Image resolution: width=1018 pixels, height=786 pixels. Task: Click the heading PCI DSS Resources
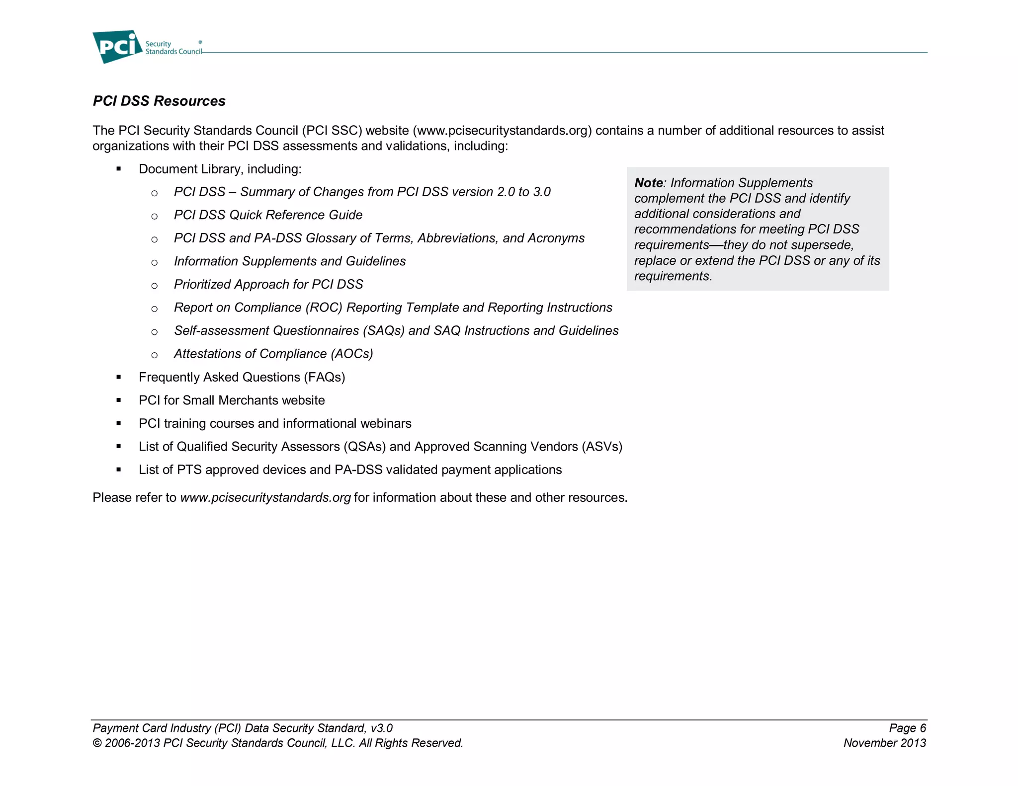click(x=159, y=101)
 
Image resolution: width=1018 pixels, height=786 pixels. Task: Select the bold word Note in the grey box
click(x=648, y=183)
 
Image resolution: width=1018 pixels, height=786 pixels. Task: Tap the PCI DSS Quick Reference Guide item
click(x=268, y=215)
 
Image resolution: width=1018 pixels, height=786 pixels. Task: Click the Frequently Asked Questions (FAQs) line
click(x=242, y=377)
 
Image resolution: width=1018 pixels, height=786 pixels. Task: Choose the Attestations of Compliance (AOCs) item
click(x=273, y=354)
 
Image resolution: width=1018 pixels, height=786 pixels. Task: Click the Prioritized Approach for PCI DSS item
click(x=268, y=284)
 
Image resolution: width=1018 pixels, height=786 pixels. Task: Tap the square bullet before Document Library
click(x=119, y=169)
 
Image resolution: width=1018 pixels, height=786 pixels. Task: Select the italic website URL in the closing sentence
click(x=265, y=497)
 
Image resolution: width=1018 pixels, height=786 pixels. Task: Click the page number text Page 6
click(x=907, y=728)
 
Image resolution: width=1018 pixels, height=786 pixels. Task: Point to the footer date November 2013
click(x=884, y=743)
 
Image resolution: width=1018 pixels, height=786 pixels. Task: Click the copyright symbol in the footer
click(x=97, y=743)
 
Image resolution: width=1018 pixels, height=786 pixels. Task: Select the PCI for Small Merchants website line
click(x=232, y=400)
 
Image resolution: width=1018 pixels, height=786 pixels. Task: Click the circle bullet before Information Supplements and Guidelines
click(x=155, y=262)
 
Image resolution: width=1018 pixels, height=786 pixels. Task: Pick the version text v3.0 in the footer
click(x=381, y=728)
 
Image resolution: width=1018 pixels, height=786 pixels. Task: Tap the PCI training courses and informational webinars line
click(x=275, y=423)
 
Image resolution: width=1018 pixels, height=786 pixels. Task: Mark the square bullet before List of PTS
click(x=119, y=470)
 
